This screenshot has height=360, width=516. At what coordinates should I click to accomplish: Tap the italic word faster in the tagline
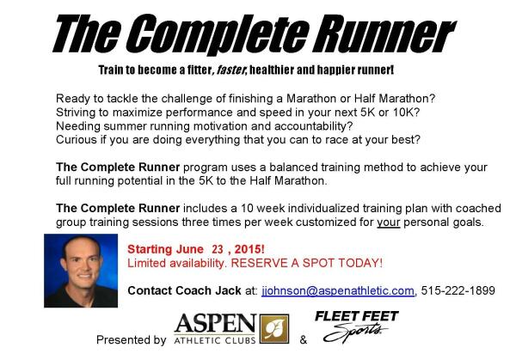[230, 70]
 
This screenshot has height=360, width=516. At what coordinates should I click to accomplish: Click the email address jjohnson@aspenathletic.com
[338, 291]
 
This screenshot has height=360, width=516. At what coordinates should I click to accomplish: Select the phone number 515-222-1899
[458, 290]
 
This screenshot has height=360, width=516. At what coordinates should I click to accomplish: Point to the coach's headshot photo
[81, 271]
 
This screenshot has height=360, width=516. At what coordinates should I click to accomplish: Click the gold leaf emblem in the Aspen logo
[274, 329]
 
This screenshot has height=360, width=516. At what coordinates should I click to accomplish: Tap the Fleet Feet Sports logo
[356, 326]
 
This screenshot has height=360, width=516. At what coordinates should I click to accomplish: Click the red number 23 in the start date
[218, 249]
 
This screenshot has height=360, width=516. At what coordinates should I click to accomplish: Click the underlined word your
[389, 223]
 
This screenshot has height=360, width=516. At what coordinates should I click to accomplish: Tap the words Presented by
[132, 339]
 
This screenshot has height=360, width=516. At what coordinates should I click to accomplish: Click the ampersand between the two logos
[304, 339]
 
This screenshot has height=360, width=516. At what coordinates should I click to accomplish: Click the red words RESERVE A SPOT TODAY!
[307, 263]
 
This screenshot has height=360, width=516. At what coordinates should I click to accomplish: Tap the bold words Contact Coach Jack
[184, 290]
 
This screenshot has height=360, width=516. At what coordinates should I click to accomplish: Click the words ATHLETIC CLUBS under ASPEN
[214, 340]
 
